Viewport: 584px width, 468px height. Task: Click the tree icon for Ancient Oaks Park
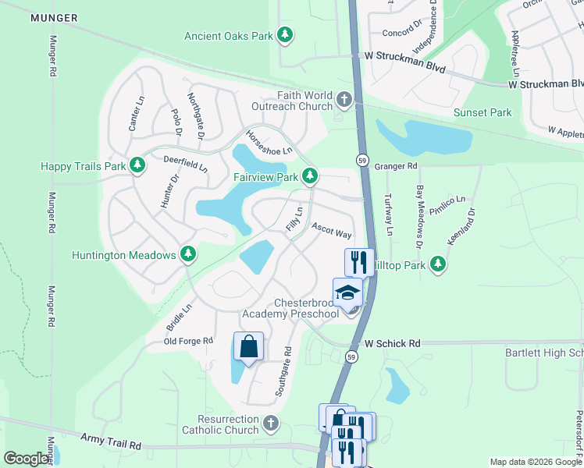[x=286, y=35]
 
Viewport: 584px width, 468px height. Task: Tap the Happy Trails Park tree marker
[x=137, y=165]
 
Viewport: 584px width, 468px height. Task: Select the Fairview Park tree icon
[x=310, y=177]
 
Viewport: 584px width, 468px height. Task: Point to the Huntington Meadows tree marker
[x=187, y=254]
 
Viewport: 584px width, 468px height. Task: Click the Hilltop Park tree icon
[x=439, y=264]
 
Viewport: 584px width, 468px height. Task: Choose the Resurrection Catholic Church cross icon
[x=270, y=423]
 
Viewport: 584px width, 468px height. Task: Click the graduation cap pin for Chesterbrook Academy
[x=347, y=293]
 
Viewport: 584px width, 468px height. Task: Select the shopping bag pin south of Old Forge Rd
[x=248, y=346]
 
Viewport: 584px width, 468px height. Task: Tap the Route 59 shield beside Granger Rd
[x=362, y=160]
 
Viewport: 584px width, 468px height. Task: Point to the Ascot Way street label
[x=332, y=230]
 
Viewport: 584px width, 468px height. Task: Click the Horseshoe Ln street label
[x=269, y=141]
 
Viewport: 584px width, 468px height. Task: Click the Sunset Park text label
[x=483, y=112]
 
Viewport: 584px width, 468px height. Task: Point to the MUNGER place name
[x=54, y=17]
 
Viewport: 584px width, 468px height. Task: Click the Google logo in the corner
[x=26, y=459]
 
